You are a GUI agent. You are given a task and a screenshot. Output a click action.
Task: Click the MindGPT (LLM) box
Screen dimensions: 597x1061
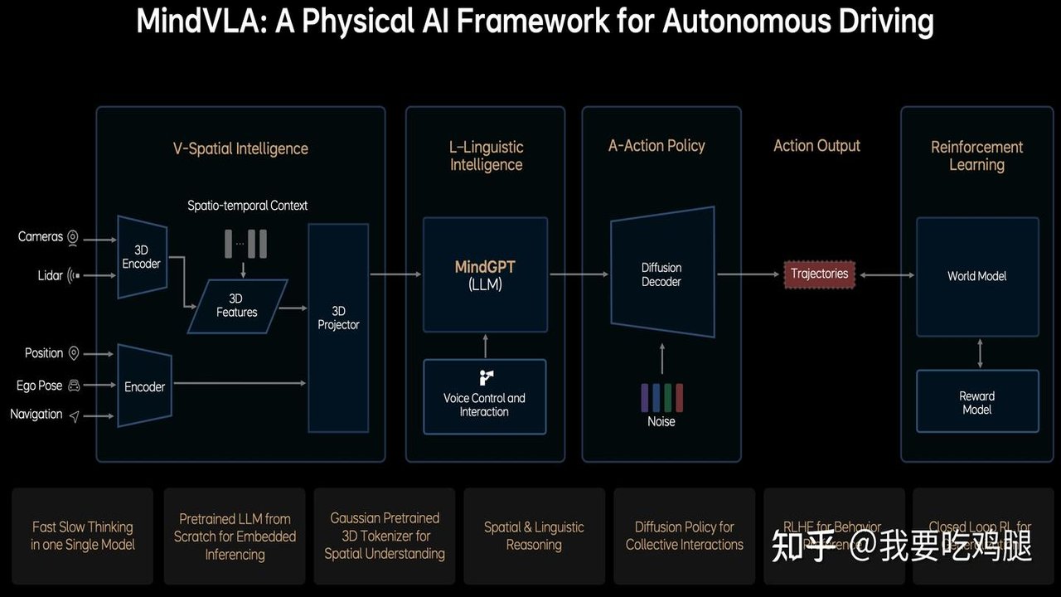point(485,274)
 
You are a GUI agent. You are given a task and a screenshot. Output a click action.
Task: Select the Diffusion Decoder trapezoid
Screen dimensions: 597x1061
point(661,274)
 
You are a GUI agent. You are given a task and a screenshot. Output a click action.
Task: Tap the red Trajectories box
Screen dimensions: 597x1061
point(819,274)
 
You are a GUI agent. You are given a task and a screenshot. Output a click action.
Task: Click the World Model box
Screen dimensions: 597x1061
point(976,276)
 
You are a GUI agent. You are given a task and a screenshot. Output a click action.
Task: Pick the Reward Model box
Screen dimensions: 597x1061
point(976,402)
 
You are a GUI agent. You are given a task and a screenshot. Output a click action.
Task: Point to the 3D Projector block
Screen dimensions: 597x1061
point(338,327)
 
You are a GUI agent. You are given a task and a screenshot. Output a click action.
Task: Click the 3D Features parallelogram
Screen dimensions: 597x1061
point(237,306)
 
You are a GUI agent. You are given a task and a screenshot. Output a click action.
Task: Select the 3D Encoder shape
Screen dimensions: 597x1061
point(143,256)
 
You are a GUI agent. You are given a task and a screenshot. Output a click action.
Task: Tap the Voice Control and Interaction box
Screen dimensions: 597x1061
point(484,396)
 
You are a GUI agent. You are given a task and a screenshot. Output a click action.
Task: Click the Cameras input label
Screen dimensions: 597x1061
point(41,237)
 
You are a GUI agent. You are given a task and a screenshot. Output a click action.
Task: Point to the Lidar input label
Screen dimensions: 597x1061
point(50,275)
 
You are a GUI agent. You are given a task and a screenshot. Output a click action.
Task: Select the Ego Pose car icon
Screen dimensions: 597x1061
point(74,386)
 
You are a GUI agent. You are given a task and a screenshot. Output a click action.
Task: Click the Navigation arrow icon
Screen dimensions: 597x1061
point(75,415)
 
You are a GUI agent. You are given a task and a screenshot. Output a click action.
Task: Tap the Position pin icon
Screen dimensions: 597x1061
point(74,354)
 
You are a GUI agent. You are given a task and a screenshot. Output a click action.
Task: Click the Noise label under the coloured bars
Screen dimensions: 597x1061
point(661,421)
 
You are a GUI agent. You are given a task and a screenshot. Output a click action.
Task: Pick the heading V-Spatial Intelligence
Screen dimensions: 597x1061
point(240,149)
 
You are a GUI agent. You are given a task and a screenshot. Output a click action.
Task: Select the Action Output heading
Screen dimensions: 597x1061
point(816,146)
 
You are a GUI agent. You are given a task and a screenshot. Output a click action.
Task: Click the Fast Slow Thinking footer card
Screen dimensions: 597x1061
point(83,536)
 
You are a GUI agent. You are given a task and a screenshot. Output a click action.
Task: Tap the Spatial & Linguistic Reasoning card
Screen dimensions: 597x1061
point(534,536)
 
